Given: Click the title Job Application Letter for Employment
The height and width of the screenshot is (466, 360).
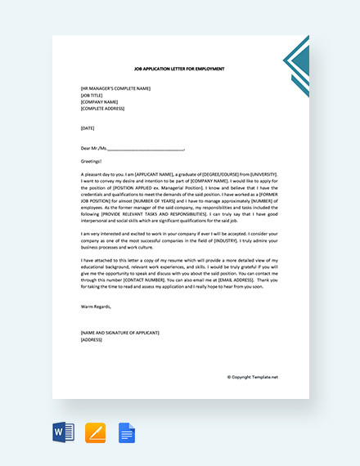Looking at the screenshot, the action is [x=179, y=69].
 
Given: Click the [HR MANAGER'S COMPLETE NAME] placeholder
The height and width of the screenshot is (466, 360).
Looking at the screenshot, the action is [x=115, y=88].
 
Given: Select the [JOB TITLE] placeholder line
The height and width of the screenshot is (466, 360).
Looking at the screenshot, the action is [x=92, y=96].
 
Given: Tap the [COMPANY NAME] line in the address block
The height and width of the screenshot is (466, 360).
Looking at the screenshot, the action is [x=99, y=102].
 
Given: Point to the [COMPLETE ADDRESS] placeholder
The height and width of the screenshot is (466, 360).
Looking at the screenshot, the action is [x=104, y=109].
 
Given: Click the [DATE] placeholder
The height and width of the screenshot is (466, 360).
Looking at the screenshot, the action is [x=88, y=128].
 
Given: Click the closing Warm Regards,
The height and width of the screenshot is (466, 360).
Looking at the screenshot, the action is [x=96, y=307].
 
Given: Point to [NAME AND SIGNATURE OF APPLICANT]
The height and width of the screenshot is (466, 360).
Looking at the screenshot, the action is [x=120, y=333].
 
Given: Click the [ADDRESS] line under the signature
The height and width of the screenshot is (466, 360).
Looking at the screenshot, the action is [x=91, y=339].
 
